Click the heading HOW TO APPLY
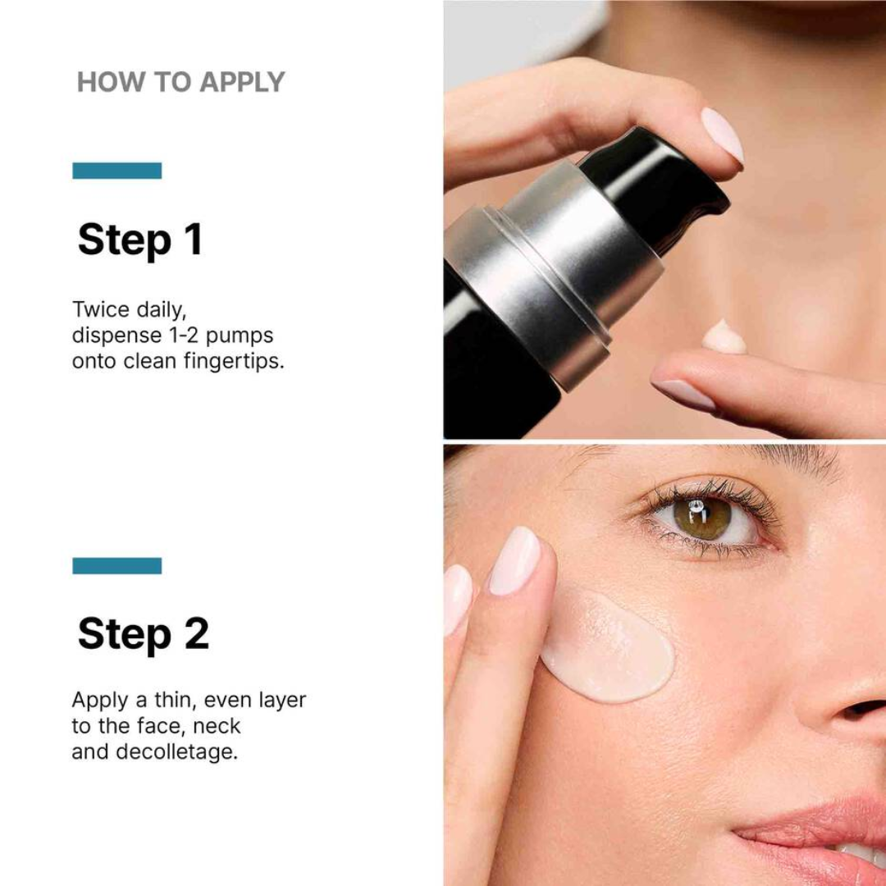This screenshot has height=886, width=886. pos(180,82)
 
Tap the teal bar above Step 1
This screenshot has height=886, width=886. pos(116,171)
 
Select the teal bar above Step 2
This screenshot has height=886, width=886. pos(116,566)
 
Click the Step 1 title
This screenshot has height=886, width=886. pos(139,240)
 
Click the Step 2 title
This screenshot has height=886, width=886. pos(143,633)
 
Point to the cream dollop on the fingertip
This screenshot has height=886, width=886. pos(724,337)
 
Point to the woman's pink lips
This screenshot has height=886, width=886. pos(820,829)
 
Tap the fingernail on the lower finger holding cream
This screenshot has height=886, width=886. pos(683,395)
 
